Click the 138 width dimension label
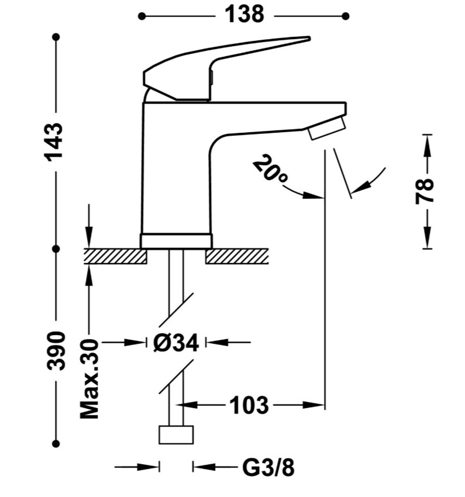click(x=244, y=15)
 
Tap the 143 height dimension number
click(x=54, y=141)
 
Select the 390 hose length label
click(x=56, y=351)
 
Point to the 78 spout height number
click(x=424, y=191)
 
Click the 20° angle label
click(x=270, y=172)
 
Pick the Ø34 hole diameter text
click(x=176, y=343)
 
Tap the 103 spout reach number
click(x=249, y=405)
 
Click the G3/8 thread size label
click(x=268, y=467)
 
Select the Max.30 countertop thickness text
click(x=89, y=379)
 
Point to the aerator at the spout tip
click(x=327, y=127)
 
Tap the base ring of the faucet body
click(x=176, y=241)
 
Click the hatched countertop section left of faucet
click(x=115, y=256)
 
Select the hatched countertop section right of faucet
click(x=237, y=256)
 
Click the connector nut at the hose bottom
click(x=176, y=434)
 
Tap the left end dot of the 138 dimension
click(x=142, y=16)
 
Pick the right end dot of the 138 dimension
click(x=346, y=16)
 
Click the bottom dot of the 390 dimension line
click(x=56, y=443)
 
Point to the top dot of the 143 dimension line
click(x=56, y=37)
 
